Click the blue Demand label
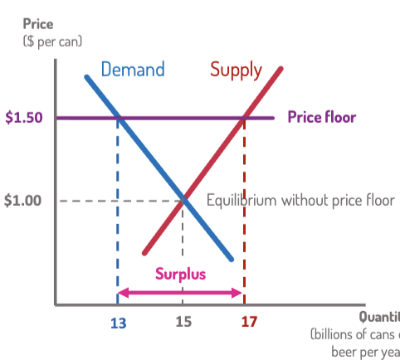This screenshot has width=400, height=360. pyautogui.click(x=133, y=69)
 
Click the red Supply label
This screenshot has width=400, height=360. pyautogui.click(x=236, y=69)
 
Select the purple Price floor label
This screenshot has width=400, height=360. pyautogui.click(x=321, y=117)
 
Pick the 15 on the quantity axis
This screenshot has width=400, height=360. pyautogui.click(x=183, y=321)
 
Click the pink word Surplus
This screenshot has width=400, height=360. pyautogui.click(x=180, y=274)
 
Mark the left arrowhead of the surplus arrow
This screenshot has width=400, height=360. pyautogui.click(x=122, y=292)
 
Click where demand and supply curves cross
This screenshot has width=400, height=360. pyautogui.click(x=183, y=200)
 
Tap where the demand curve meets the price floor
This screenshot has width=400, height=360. pyautogui.click(x=118, y=118)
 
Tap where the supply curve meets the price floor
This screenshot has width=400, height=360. pyautogui.click(x=244, y=118)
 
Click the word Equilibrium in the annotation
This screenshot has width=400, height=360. pyautogui.click(x=240, y=200)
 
